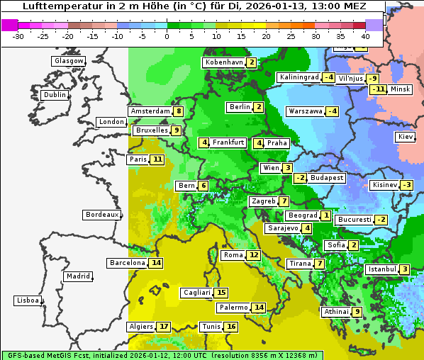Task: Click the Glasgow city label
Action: [68, 61]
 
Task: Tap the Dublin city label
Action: [54, 95]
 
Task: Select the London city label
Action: [111, 122]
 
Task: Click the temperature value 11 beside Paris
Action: [157, 159]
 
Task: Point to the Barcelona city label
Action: [127, 263]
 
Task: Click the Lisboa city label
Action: [27, 300]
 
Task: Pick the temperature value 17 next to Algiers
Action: [164, 327]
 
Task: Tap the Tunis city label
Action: [211, 327]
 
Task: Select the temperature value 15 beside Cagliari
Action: [221, 293]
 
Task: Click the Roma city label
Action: [233, 255]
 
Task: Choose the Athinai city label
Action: [335, 312]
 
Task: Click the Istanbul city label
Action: [381, 269]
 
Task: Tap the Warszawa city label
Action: [304, 111]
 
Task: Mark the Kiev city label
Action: [405, 136]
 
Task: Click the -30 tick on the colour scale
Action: [18, 36]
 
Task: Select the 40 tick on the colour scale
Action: [365, 36]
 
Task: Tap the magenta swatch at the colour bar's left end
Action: [9, 25]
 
